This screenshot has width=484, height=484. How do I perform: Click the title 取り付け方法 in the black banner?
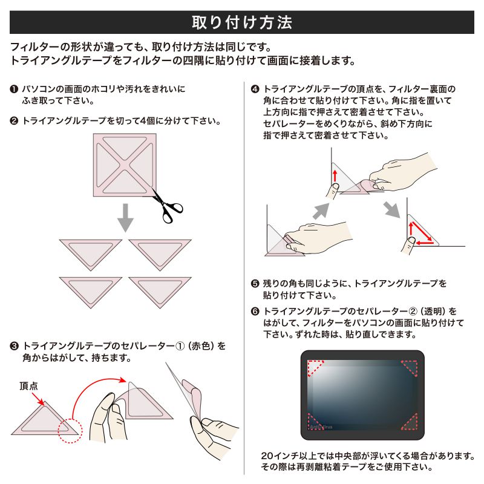coord(242,22)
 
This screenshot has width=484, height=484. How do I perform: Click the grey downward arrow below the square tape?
coord(125,218)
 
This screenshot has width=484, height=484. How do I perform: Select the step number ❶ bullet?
coord(13,89)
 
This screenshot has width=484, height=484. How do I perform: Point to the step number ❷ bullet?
coord(13,121)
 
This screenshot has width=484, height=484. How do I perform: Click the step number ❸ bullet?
coord(13,347)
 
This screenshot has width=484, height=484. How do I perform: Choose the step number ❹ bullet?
coord(255,89)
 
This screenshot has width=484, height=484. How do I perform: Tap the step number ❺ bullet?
coord(255,283)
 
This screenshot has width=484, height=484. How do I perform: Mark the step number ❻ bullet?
coord(255,312)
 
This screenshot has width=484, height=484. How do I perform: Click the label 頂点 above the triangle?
coord(29,385)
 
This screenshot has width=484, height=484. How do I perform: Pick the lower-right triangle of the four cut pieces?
coord(160,289)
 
